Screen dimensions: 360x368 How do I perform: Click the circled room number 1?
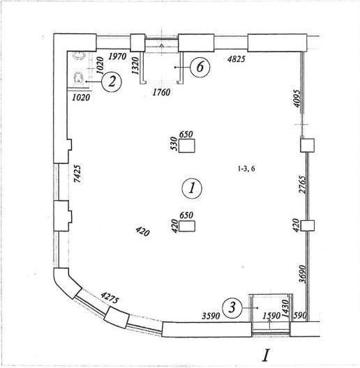[x=192, y=188]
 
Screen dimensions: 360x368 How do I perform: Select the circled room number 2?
[x=112, y=82]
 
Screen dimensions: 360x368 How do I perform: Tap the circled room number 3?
[x=232, y=307]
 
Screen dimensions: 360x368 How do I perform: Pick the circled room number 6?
[x=200, y=67]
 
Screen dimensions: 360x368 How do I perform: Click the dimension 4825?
[x=237, y=59]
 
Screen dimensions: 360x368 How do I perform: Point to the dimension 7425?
[x=77, y=174]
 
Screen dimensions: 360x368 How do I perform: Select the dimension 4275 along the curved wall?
[x=110, y=298]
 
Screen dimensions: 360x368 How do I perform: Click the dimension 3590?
[x=211, y=316]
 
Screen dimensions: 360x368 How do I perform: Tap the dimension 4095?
[x=297, y=98]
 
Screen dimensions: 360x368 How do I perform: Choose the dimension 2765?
[x=302, y=185]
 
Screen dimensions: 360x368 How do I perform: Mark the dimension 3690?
[x=303, y=274]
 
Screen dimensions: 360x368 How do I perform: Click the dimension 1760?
[x=161, y=92]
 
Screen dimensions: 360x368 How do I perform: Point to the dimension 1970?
[x=117, y=56]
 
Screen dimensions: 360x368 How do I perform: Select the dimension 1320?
[x=135, y=66]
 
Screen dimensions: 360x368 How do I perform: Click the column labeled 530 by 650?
[x=187, y=146]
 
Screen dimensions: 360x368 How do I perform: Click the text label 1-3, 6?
[x=246, y=169]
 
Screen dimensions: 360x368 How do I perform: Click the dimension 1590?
[x=271, y=316]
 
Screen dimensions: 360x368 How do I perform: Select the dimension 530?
[x=174, y=144]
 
